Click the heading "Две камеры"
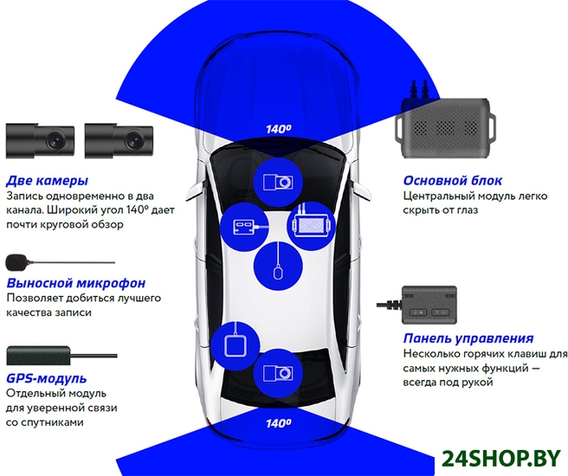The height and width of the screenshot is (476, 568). pos(46,181)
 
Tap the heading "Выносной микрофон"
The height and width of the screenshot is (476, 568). pos(74,283)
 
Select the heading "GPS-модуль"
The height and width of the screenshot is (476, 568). pos(47,378)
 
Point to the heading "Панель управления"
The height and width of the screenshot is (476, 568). pos(468,338)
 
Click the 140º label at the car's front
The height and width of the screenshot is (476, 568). pos(278,129)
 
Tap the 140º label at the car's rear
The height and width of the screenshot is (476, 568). pos(278,423)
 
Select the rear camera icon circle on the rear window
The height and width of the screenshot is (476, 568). pos(278,373)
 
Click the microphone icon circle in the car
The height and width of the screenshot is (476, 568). pos(278,264)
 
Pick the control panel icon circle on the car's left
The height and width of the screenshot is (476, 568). pos(244,228)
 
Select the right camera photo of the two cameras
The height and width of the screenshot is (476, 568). pos(118,138)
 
